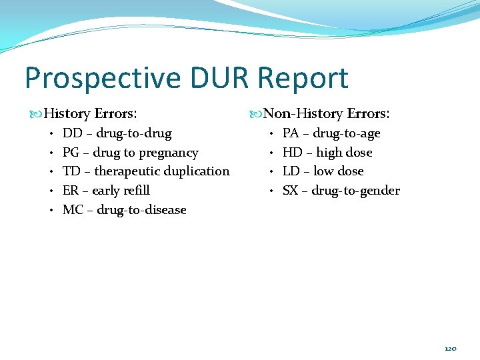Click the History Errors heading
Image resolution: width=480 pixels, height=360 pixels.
93,114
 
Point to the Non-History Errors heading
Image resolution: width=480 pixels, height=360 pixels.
327,114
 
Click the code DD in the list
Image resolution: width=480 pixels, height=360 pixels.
72,133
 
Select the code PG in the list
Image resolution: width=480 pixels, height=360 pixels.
71,153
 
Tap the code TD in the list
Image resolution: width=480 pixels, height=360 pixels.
71,171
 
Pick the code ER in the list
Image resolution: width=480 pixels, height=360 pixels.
71,191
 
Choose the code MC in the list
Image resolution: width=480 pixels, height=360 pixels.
73,210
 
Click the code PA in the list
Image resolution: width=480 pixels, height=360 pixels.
291,133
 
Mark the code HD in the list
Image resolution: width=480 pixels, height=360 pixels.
292,153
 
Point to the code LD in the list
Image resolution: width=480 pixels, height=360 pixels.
291,171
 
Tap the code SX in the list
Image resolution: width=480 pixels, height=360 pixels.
291,191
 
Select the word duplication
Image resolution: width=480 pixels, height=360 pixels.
197,171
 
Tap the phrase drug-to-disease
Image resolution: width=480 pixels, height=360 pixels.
141,210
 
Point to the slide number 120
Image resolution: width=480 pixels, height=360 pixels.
451,349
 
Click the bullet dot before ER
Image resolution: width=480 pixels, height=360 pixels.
51,191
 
